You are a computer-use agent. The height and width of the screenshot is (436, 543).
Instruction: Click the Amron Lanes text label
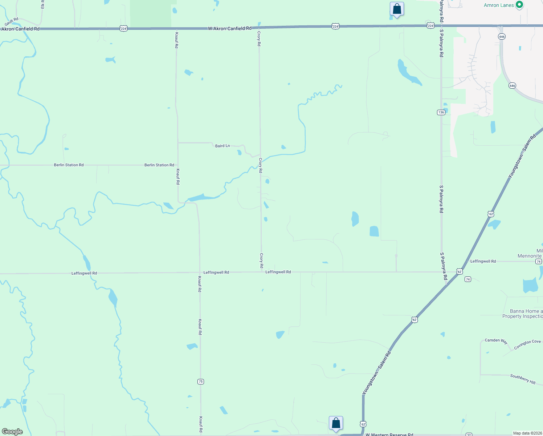point(499,5)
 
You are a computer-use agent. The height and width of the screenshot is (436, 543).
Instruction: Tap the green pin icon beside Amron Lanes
point(519,5)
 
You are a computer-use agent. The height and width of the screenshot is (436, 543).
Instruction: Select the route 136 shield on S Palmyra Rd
point(441,112)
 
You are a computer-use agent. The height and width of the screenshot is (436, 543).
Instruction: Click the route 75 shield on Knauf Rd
point(201,381)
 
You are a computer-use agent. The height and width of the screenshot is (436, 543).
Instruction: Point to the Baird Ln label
point(222,146)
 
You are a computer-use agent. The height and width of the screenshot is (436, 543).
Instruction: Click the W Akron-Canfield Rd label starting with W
point(229,28)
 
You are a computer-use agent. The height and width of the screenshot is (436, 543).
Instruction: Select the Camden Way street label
point(496,340)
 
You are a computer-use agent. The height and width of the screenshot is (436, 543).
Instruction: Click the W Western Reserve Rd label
point(389,434)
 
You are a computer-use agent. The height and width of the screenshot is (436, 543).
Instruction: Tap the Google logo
point(12,432)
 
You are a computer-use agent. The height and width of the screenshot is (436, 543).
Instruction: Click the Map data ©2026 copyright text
point(527,433)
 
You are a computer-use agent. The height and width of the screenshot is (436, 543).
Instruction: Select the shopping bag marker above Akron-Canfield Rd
point(397,9)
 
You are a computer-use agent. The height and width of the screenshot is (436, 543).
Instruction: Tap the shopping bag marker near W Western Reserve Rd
point(336,423)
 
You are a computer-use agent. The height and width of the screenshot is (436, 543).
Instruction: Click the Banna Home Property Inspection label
point(523,314)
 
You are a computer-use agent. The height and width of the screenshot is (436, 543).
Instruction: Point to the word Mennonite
point(530,256)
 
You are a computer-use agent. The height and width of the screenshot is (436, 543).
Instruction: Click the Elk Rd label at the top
point(43,4)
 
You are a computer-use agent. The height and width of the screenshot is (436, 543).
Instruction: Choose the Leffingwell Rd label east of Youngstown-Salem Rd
point(483,261)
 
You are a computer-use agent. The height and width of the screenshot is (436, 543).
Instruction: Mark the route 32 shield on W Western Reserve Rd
point(469,435)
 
